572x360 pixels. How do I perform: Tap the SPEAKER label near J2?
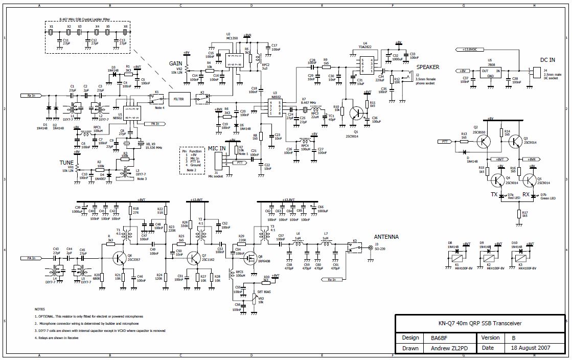428,67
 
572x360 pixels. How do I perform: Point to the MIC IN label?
216,148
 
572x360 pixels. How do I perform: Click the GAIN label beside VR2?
175,63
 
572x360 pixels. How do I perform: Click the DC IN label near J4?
547,60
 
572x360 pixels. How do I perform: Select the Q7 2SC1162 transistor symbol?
194,258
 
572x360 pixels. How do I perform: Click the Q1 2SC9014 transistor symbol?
356,113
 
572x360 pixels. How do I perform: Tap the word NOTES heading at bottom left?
39,309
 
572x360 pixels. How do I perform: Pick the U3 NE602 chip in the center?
276,108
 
